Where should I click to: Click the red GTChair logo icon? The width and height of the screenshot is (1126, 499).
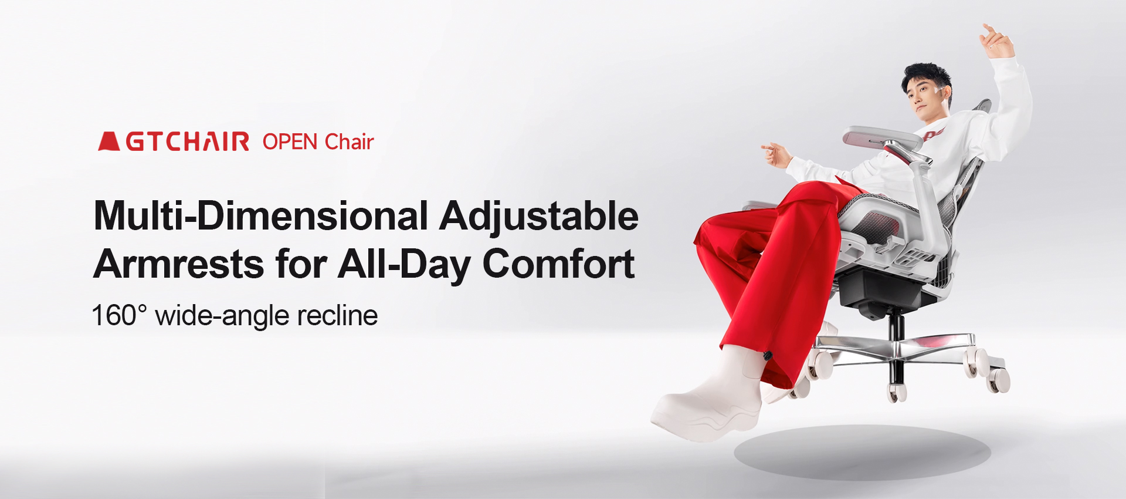109,141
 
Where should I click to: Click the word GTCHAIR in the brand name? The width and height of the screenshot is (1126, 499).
188,142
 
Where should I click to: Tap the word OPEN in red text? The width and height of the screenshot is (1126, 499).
290,142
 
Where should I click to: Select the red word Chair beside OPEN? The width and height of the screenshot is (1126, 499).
350,141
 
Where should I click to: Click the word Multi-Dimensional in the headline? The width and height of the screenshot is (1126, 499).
261,215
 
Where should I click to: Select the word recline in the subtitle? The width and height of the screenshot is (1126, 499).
337,315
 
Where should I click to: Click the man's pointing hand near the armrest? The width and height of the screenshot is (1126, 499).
776,154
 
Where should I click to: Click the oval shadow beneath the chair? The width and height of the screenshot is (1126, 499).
862,453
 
